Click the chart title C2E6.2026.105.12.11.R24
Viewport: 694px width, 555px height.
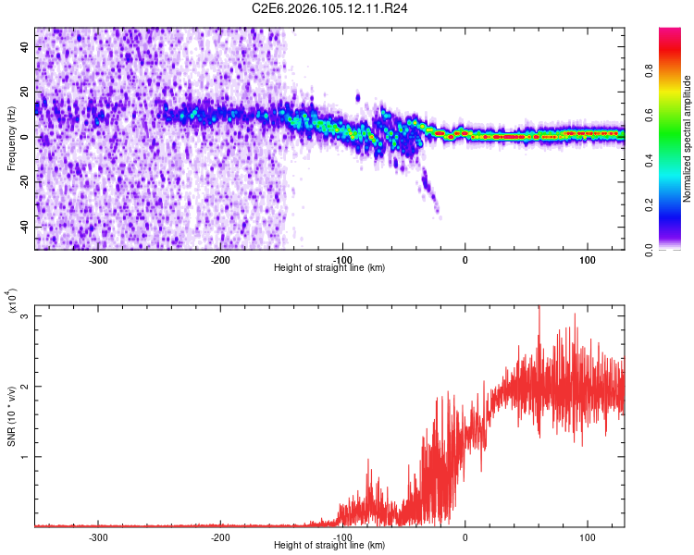coord(330,8)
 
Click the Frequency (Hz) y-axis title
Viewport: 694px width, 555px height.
coord(11,138)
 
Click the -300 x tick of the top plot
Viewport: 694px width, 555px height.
coord(98,260)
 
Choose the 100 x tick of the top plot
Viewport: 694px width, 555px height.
coord(587,260)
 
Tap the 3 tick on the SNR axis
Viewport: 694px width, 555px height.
coord(27,316)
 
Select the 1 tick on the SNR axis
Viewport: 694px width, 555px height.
coord(27,457)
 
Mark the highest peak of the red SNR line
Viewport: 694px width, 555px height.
coord(539,307)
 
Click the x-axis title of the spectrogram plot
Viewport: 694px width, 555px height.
coord(329,268)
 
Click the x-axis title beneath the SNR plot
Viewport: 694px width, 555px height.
coord(329,546)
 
